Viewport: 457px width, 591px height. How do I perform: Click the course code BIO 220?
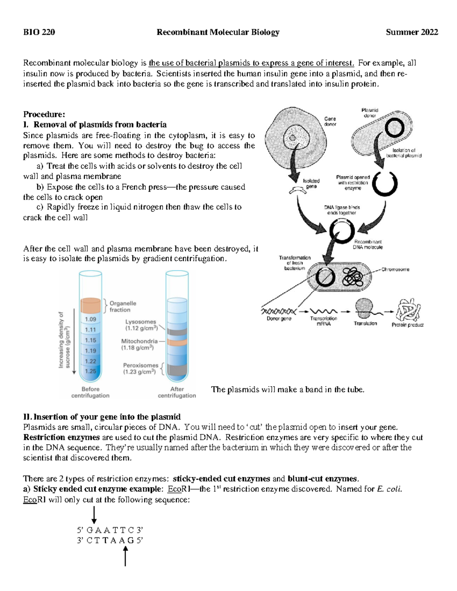pyautogui.click(x=39, y=32)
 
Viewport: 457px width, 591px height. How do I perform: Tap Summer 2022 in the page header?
pyautogui.click(x=412, y=32)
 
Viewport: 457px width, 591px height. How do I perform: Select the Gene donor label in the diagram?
pyautogui.click(x=330, y=121)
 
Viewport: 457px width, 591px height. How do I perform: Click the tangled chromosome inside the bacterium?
pyautogui.click(x=353, y=277)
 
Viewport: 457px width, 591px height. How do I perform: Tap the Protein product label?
pyautogui.click(x=407, y=325)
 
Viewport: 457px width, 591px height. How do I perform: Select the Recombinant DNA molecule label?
pyautogui.click(x=368, y=244)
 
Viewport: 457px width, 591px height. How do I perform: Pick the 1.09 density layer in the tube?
pyautogui.click(x=90, y=319)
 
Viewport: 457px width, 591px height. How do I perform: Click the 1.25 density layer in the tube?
pyautogui.click(x=90, y=371)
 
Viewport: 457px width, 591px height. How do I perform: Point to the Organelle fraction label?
pyautogui.click(x=123, y=306)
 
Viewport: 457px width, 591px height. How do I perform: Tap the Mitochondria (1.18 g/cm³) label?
pyautogui.click(x=139, y=344)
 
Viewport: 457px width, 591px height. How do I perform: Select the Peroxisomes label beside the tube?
pyautogui.click(x=140, y=368)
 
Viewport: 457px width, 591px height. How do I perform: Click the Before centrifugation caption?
pyautogui.click(x=90, y=392)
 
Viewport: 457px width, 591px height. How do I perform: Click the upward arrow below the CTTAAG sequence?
pyautogui.click(x=125, y=556)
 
